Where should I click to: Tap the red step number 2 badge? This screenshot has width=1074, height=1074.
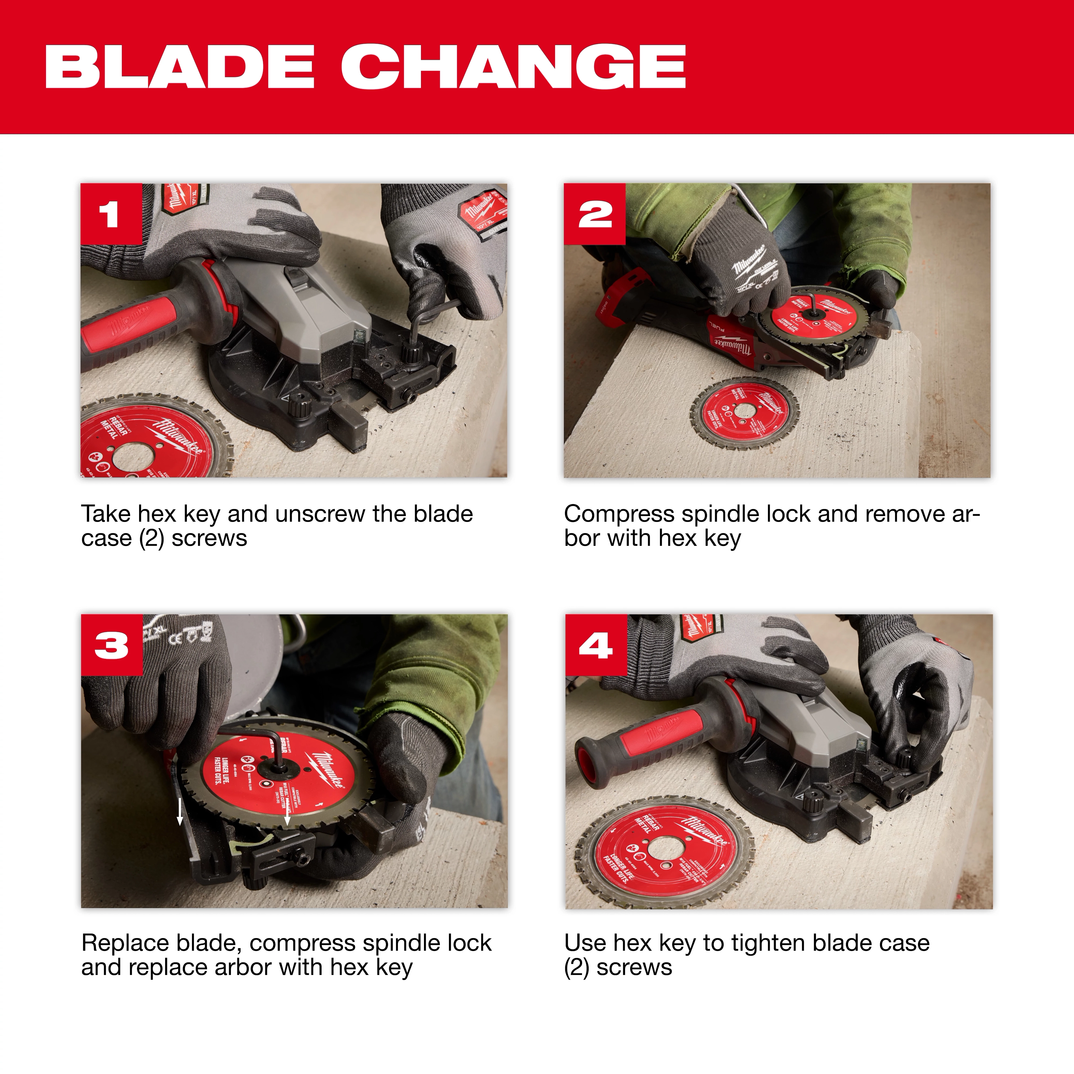click(x=594, y=214)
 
